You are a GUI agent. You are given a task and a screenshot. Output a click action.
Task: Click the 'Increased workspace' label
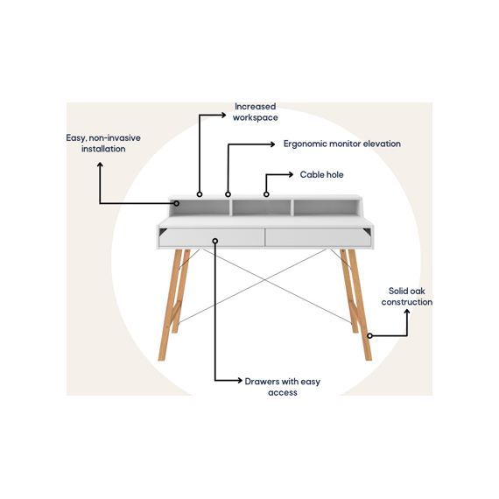point(256,112)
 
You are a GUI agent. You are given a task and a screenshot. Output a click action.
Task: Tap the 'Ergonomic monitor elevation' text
point(342,144)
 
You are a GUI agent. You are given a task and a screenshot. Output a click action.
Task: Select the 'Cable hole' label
point(322,175)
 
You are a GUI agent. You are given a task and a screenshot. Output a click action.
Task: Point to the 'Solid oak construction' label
point(407,297)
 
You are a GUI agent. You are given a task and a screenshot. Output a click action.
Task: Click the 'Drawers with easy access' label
point(283,387)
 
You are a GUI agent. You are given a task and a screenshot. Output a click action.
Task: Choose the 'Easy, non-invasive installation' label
point(103,144)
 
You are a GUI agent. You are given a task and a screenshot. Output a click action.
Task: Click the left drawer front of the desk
point(212,237)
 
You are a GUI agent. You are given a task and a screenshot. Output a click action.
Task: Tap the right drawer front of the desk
point(318,237)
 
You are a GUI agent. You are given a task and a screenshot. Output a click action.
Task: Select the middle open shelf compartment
point(261,207)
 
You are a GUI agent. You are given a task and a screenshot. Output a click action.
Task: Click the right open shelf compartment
point(326,207)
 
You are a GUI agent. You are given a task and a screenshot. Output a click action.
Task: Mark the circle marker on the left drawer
point(215,241)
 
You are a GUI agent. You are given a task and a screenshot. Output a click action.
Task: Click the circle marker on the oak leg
point(369,336)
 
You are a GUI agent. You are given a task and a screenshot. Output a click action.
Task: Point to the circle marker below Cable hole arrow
point(266,194)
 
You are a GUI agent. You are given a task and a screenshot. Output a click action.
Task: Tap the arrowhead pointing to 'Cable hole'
point(291,174)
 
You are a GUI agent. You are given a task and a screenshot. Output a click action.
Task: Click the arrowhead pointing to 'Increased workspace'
point(223,115)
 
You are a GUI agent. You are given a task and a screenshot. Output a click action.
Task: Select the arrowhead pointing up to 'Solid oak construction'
point(407,312)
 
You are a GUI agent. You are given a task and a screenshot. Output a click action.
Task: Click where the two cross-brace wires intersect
point(265,280)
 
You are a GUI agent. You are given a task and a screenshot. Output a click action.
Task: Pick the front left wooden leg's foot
point(162,358)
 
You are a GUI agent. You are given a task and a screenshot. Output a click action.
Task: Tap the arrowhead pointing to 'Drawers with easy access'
point(239,380)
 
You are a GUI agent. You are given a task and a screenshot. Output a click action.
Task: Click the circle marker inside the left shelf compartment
point(177,203)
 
